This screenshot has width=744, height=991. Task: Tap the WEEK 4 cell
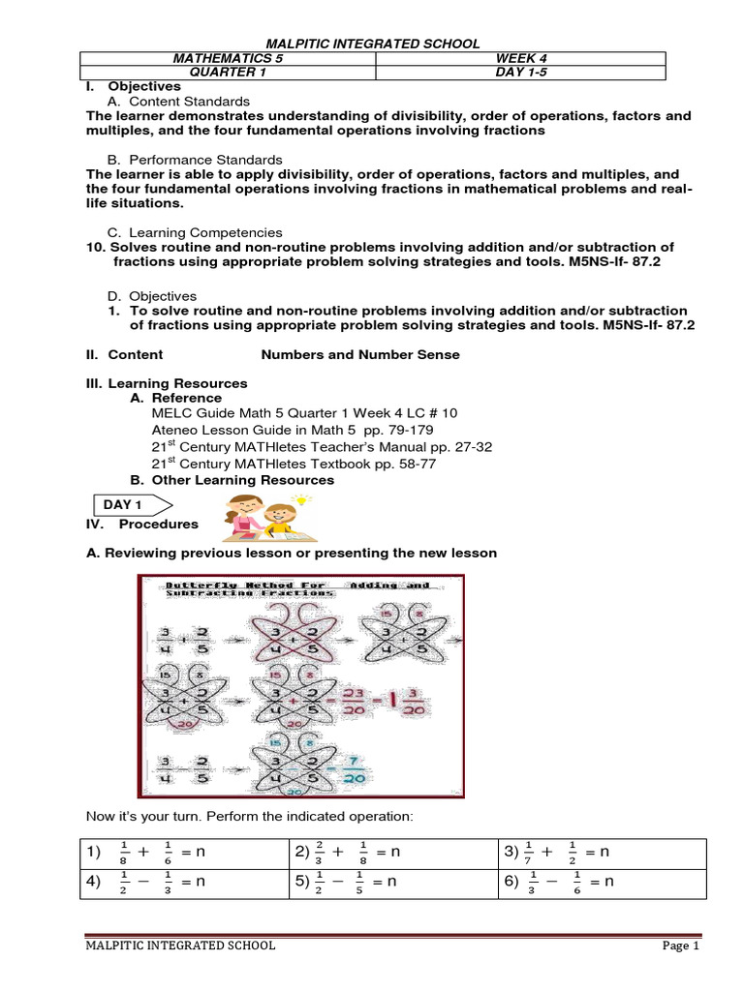pos(519,59)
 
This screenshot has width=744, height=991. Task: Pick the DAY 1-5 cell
pos(519,73)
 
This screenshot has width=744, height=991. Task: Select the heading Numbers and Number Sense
pos(360,355)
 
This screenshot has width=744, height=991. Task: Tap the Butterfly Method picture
pos(300,686)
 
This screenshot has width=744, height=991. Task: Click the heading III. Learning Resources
pos(168,383)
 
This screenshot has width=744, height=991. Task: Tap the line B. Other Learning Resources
pos(232,480)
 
